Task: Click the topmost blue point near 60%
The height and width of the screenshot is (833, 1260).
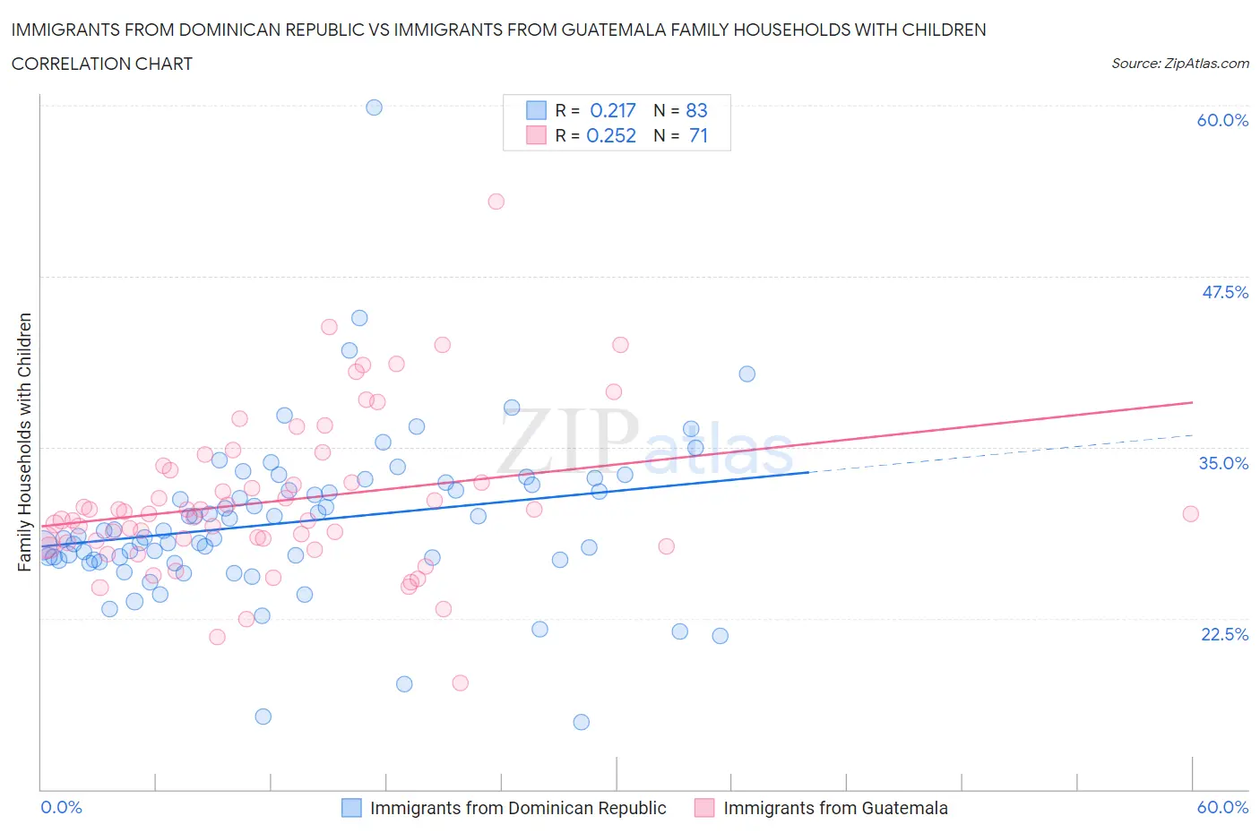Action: [x=375, y=107]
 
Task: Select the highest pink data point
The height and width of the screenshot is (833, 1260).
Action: [x=496, y=202]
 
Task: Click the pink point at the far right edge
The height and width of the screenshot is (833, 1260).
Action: [x=1191, y=514]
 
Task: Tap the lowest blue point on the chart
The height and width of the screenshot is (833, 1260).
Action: [x=582, y=722]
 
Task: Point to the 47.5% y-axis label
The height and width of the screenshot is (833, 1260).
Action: [x=1224, y=293]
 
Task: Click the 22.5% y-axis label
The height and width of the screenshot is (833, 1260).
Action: [x=1224, y=634]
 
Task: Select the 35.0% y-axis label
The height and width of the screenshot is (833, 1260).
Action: [x=1224, y=463]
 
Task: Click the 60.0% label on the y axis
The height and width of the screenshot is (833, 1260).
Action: [x=1222, y=121]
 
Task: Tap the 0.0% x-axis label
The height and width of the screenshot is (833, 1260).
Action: [x=62, y=807]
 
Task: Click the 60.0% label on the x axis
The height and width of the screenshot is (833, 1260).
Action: [x=1222, y=807]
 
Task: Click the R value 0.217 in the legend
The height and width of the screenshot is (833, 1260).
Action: [x=613, y=110]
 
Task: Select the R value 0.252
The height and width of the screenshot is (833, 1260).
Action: [x=611, y=135]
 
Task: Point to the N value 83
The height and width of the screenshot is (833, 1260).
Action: [x=696, y=110]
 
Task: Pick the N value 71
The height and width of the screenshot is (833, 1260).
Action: [x=698, y=135]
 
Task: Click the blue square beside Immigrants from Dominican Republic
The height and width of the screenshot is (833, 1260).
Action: [x=352, y=808]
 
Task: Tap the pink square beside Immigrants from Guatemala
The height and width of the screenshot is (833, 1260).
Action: [x=705, y=808]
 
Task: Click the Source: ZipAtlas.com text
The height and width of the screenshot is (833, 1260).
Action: [x=1179, y=64]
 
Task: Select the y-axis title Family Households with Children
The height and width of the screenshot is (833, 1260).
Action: [x=24, y=442]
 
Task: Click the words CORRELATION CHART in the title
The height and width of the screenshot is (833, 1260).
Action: [x=102, y=64]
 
